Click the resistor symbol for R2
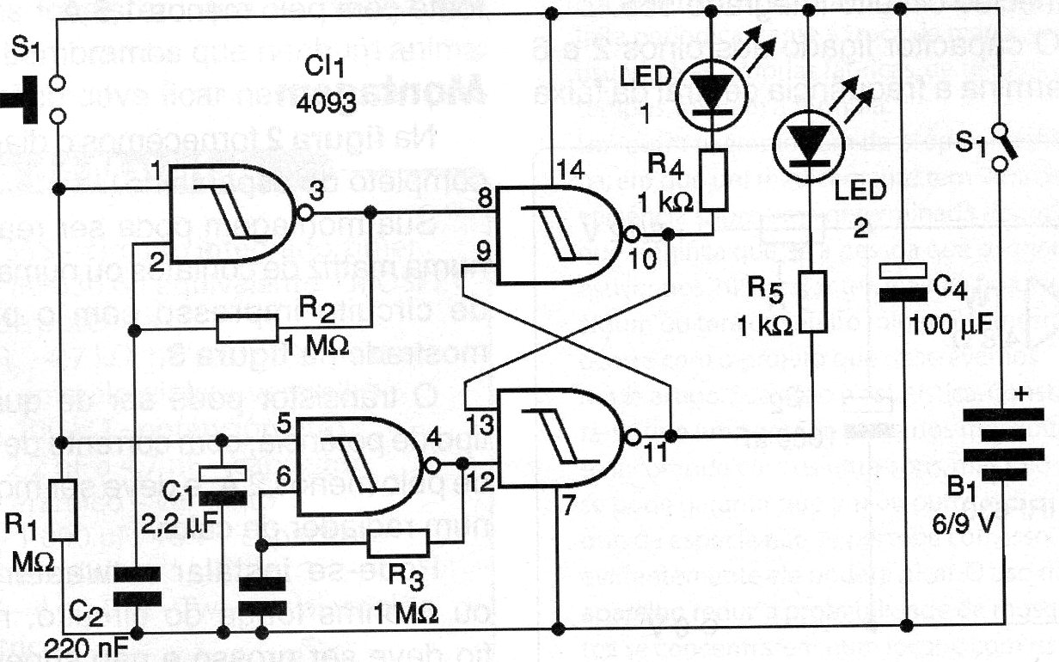(248, 328)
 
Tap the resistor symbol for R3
(397, 542)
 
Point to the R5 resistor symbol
(813, 302)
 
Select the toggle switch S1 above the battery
(1001, 146)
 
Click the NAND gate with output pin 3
(232, 214)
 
